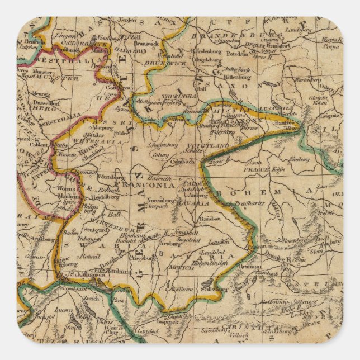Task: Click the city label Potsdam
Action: click(237, 55)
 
